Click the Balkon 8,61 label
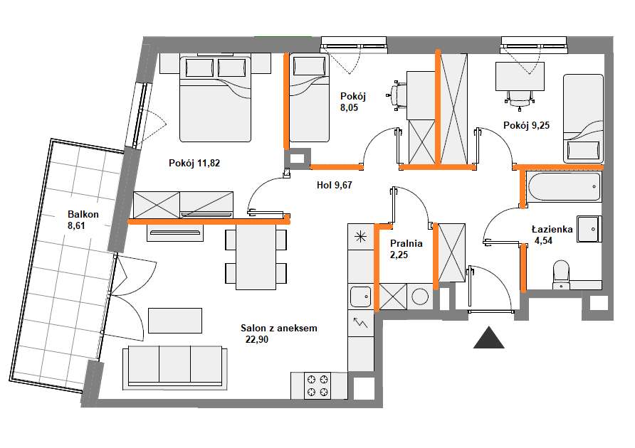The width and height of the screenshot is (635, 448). point(83,220)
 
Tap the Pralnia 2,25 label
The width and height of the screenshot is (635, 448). point(406,249)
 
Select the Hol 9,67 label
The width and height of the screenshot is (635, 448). point(335,185)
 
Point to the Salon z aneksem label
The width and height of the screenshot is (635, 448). point(279,328)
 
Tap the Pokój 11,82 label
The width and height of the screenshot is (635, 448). point(194,163)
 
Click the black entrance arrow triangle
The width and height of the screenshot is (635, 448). point(489,337)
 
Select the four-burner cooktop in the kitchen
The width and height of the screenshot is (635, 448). point(317,385)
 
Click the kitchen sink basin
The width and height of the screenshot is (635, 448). point(360,297)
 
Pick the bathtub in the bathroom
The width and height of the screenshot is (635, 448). point(564,186)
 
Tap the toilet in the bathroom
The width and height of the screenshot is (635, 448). point(561,274)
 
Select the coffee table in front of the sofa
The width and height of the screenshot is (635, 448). point(175,321)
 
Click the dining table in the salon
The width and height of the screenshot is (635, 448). point(256,257)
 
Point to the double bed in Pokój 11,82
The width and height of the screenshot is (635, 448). point(215,99)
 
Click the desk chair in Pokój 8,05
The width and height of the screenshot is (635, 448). point(397,95)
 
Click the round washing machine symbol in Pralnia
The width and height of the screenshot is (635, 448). point(420,297)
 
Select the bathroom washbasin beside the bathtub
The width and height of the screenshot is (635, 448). point(589,229)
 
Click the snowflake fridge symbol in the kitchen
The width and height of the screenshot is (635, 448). point(360,236)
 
